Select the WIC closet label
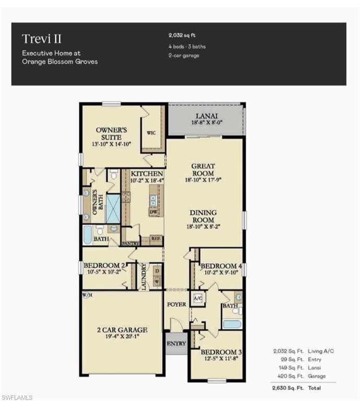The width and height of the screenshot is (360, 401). pos(151,133)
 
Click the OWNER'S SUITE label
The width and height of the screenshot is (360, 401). pos(111,133)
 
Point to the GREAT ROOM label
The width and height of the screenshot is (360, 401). pos(203,170)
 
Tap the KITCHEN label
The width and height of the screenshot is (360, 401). pos(147,173)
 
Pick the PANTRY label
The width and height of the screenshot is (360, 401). pos(130,243)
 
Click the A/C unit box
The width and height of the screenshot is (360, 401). pos(198,298)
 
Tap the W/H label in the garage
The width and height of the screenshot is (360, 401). pos(87,295)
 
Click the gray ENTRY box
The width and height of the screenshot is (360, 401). pos(176,344)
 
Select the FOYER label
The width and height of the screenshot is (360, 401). pos(176,304)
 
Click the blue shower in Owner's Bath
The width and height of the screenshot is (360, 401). pos(113,208)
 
